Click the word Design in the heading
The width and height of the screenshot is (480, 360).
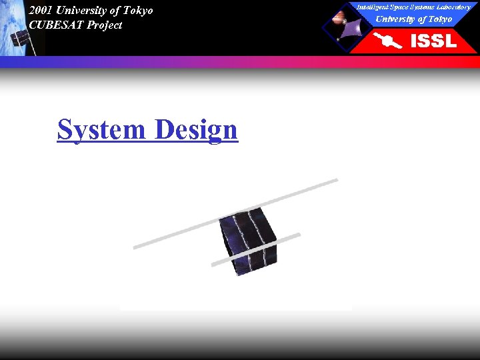tap(196, 129)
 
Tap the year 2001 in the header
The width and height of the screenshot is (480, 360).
tap(41, 11)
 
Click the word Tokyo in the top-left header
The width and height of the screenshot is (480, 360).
tap(135, 11)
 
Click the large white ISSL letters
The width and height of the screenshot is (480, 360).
tap(433, 41)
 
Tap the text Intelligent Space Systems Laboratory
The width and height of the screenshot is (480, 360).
tap(413, 7)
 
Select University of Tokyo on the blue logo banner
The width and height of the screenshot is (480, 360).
tap(413, 19)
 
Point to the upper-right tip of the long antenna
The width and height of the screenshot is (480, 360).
tap(337, 179)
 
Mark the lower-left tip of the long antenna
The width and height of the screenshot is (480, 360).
tap(135, 247)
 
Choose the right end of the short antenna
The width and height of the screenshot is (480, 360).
tap(299, 234)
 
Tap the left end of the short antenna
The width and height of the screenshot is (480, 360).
tap(213, 265)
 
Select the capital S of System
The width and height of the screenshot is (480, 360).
tap(65, 129)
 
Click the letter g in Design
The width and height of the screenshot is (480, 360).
tap(213, 132)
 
